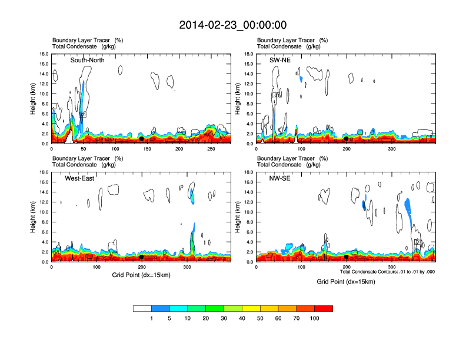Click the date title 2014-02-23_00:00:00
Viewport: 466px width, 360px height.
(232, 25)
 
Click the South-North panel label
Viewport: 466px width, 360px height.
(88, 61)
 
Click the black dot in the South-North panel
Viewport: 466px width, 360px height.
(141, 139)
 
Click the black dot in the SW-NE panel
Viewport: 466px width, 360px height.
(347, 139)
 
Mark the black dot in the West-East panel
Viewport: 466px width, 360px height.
(141, 257)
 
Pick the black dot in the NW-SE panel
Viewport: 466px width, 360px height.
(347, 257)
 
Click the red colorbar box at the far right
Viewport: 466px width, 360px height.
(324, 308)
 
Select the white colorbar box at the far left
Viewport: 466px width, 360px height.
(142, 308)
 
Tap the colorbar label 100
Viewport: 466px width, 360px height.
(315, 318)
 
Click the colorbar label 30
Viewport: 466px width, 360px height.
(224, 318)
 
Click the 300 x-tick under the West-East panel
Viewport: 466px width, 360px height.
(187, 267)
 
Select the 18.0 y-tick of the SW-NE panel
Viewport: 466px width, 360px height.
(249, 54)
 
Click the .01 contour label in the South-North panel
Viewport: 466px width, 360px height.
(83, 115)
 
